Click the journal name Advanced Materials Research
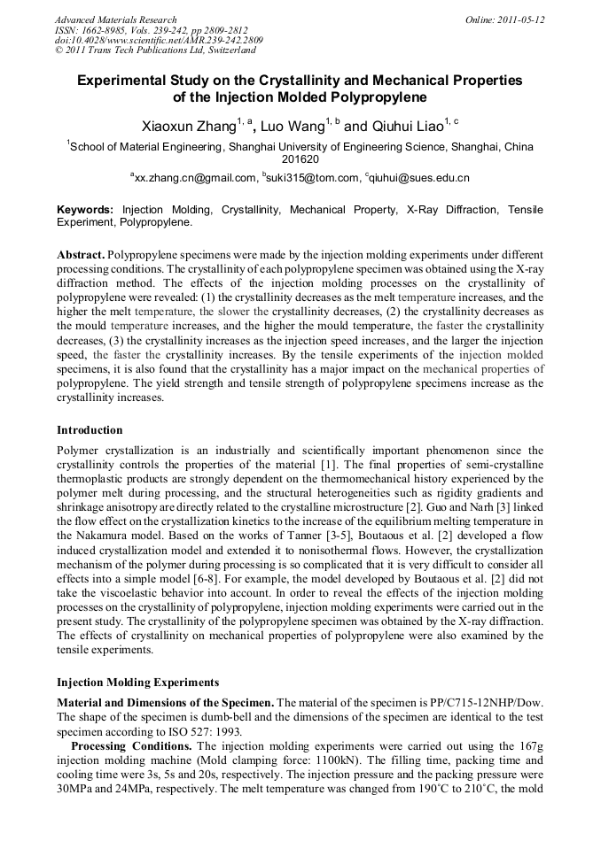tap(115, 19)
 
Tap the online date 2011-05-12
tap(521, 19)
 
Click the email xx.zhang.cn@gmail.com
tap(194, 178)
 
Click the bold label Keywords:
tap(85, 210)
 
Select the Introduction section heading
tap(90, 430)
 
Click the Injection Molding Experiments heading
tap(137, 683)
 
